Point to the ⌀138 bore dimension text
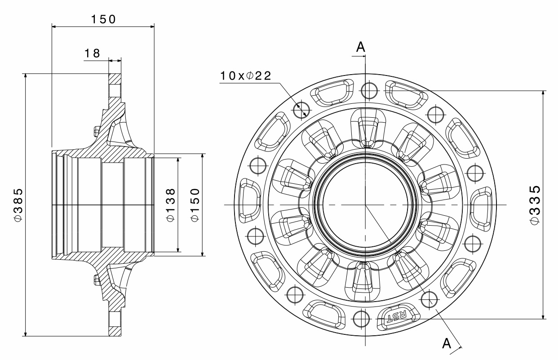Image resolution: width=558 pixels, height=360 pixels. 170,204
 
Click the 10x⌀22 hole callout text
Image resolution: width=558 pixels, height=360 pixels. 245,76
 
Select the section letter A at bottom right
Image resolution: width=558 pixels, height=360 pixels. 447,343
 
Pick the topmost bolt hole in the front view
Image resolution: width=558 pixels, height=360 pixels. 369,90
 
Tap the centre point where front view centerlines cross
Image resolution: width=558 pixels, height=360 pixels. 366,205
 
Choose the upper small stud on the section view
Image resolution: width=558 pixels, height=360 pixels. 96,131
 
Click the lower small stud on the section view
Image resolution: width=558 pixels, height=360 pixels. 96,279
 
